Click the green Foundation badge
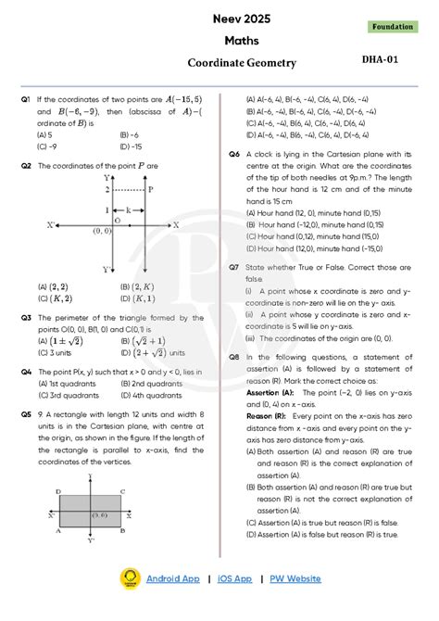click(393, 27)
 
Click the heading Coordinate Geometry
click(242, 63)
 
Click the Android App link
click(172, 578)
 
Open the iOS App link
click(234, 578)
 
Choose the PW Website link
click(295, 578)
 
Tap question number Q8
click(234, 356)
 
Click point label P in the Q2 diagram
click(150, 188)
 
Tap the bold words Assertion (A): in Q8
click(270, 392)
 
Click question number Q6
click(234, 154)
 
